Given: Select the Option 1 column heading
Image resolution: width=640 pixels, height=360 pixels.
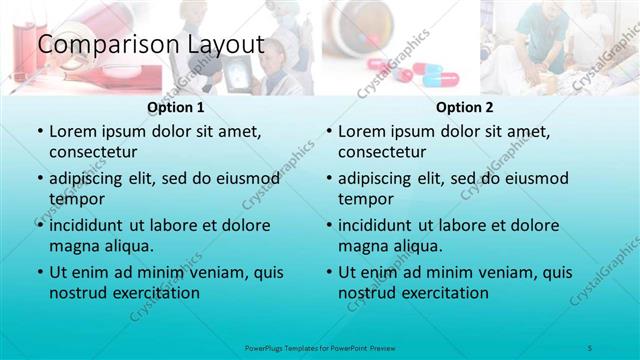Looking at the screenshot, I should pos(176,107).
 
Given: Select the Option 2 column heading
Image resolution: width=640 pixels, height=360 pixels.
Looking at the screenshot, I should pos(465,107).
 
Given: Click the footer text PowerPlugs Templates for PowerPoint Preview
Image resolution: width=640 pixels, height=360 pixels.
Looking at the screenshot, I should pos(319,347).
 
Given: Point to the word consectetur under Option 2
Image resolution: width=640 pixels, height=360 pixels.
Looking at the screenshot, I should pos(382,152).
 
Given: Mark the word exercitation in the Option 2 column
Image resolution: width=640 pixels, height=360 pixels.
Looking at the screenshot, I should pos(440,293).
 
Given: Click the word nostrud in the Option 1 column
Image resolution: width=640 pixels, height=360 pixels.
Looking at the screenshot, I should pos(76,293).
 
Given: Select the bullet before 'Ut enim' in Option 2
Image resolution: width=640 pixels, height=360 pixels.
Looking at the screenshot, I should pos(329,273).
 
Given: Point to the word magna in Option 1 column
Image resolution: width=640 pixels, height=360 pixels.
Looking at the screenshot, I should pos(73,245).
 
